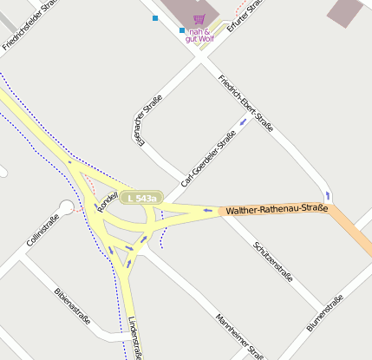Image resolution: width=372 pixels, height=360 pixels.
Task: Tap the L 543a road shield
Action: point(141,199)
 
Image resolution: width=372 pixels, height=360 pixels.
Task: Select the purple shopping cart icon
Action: point(199,19)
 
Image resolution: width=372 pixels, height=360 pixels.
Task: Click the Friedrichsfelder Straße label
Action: point(30,24)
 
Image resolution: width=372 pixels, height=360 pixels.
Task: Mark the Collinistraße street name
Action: point(42,232)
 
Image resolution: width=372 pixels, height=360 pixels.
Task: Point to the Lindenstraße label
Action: point(134,338)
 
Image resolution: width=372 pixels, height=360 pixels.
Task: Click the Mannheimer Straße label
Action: point(239,336)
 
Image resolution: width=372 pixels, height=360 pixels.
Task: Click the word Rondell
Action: point(108,202)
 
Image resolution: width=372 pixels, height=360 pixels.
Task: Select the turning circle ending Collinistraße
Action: point(66,207)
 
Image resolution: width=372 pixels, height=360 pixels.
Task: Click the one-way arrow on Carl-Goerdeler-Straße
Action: point(243,121)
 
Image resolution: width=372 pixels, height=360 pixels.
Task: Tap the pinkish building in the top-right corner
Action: point(345,10)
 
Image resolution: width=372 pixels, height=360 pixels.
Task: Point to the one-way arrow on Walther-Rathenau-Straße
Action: point(207,209)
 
